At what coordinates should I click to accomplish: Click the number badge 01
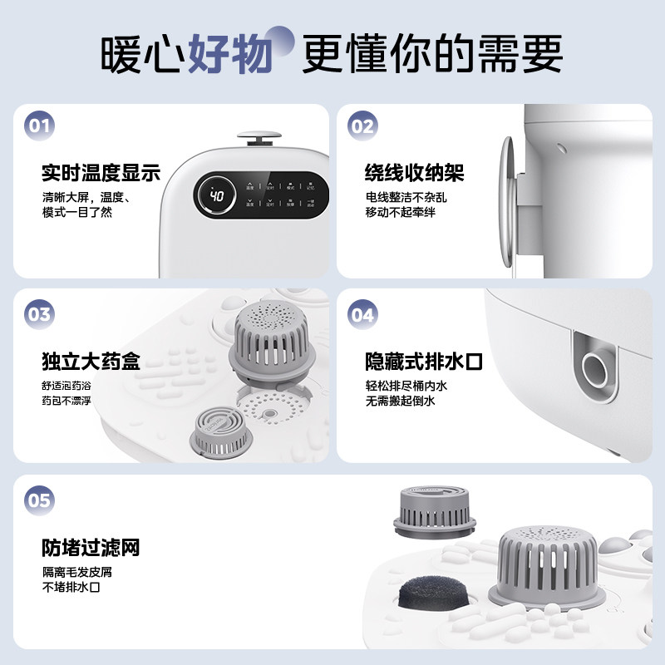pyautogui.click(x=41, y=126)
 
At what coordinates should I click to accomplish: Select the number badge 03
pyautogui.click(x=41, y=314)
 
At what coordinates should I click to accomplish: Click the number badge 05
pyautogui.click(x=41, y=500)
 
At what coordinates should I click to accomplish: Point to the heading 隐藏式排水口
pyautogui.click(x=424, y=362)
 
